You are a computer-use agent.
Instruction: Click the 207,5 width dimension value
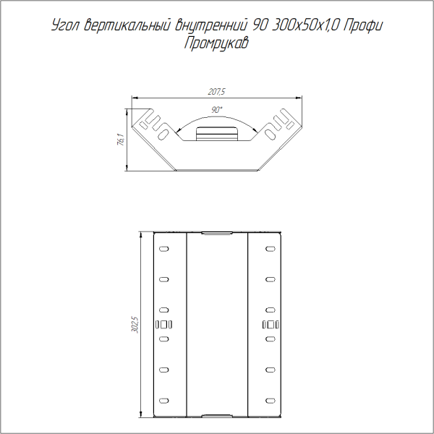point(217,92)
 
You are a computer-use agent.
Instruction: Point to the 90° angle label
point(217,109)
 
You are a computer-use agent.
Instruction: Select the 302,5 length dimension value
point(132,325)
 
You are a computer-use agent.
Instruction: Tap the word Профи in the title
point(362,27)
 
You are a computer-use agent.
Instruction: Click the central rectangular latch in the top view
point(217,135)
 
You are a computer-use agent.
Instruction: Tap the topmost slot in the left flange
point(164,249)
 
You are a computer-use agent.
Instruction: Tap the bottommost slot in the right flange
point(270,400)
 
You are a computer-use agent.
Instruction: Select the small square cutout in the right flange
point(270,323)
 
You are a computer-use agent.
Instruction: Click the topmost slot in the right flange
point(270,249)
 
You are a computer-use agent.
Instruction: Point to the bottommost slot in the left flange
point(164,400)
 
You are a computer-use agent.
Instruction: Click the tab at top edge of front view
point(217,234)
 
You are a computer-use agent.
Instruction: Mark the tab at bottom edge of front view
point(217,416)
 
